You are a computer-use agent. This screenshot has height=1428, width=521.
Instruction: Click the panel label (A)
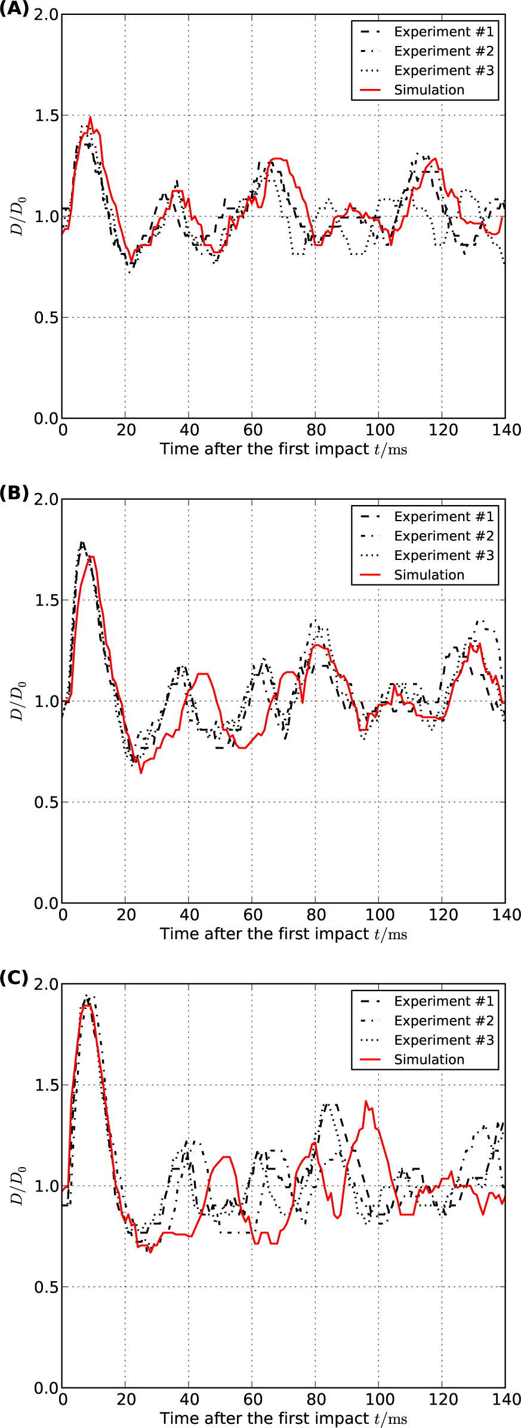click(14, 9)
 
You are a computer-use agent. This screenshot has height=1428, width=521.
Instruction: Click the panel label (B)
click(14, 493)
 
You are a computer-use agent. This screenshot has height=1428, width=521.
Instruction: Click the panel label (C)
click(14, 978)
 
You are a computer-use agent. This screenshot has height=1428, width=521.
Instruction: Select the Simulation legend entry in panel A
click(428, 90)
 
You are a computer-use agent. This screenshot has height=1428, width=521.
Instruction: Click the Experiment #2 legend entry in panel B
click(443, 536)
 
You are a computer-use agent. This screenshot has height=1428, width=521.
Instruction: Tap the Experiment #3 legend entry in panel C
click(443, 1040)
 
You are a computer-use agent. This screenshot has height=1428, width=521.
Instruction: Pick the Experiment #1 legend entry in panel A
click(443, 32)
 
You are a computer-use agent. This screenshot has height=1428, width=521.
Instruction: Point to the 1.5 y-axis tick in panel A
click(47, 115)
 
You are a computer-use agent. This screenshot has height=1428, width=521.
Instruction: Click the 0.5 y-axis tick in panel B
click(47, 802)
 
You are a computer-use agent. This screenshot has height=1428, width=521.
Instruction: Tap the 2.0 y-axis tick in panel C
click(47, 984)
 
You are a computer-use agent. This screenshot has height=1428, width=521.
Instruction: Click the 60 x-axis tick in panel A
click(252, 430)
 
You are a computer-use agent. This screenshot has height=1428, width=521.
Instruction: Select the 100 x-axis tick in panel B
click(379, 915)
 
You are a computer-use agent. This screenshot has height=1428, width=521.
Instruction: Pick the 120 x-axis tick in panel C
click(442, 1399)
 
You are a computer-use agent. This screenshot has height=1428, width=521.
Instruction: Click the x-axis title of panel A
click(283, 449)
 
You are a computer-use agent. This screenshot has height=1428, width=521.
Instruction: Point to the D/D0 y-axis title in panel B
click(19, 701)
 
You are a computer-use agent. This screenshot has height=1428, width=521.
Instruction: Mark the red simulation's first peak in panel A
click(90, 117)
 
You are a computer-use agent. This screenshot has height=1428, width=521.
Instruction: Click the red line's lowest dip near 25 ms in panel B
click(141, 773)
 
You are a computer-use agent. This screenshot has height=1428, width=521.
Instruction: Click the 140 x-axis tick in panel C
click(506, 1399)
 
